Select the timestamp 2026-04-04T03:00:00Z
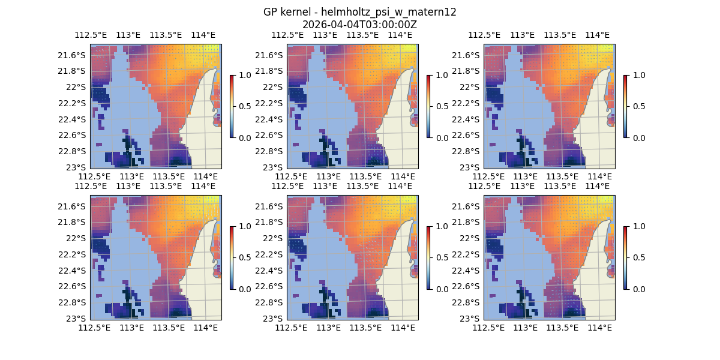click(359, 25)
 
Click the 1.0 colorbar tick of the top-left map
click(244, 75)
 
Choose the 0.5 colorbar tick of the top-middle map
click(441, 106)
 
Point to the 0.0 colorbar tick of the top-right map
click(638, 137)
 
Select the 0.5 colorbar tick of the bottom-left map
click(244, 257)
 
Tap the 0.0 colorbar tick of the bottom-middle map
click(441, 289)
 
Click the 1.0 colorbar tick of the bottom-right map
click(638, 226)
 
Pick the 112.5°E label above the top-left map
click(90, 35)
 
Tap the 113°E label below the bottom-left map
click(132, 328)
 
